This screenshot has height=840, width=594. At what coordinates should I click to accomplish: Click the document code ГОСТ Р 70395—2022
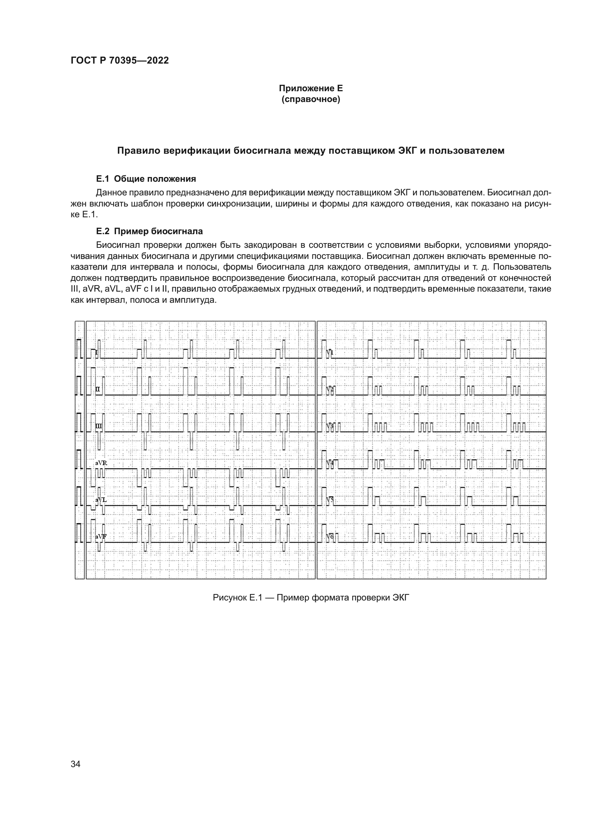coord(120,61)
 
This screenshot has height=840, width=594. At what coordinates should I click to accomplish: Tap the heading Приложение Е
coord(311,88)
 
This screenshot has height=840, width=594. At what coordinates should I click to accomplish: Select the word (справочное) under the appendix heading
coord(311,99)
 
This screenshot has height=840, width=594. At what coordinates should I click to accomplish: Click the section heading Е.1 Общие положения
coord(146,179)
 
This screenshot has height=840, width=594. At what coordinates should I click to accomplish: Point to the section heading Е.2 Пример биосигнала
coord(149,231)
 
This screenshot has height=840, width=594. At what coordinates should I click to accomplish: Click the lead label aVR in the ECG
coord(101,463)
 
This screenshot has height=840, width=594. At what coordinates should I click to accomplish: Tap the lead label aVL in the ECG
coord(101,500)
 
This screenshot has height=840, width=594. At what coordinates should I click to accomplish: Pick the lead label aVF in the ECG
coord(101,536)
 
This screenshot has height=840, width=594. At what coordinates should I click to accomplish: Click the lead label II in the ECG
coord(98,389)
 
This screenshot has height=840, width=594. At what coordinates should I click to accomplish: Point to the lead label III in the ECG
coord(99,426)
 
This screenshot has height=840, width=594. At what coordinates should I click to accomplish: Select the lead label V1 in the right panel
coord(330,352)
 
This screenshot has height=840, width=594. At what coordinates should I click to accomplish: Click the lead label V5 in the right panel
coord(330,500)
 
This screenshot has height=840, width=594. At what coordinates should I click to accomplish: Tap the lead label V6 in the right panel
coord(330,536)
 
